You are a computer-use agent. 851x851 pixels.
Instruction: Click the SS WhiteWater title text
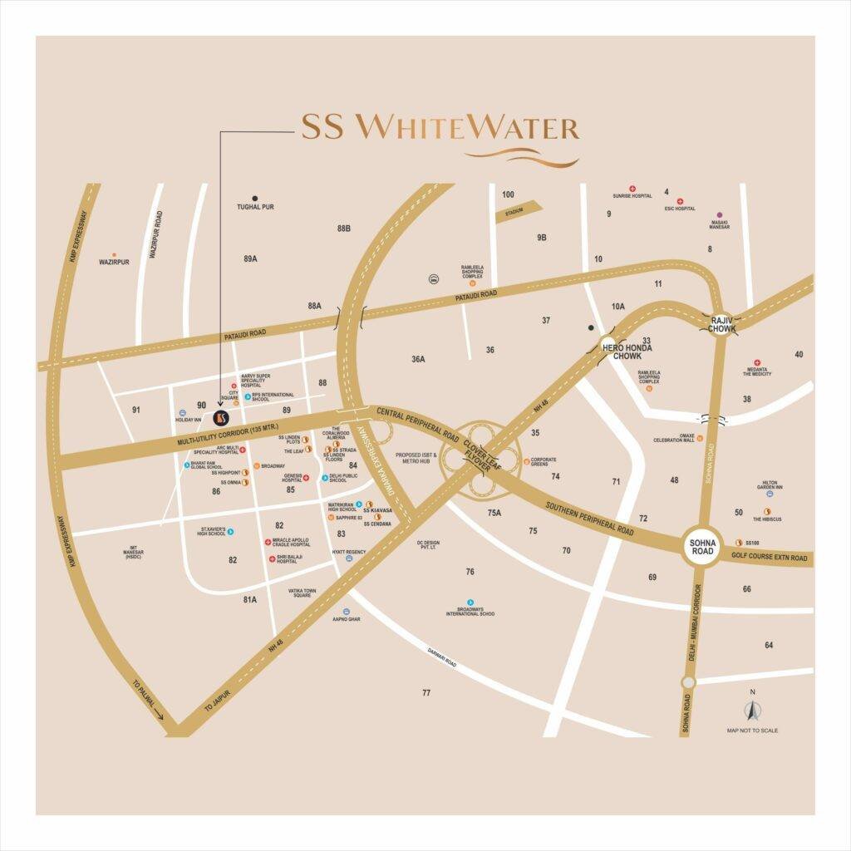pos(440,128)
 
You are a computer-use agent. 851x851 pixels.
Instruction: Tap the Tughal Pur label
pos(255,207)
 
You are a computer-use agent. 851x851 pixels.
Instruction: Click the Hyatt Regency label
pos(348,552)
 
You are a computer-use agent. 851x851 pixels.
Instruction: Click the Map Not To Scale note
pos(752,730)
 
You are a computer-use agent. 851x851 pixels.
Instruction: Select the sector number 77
pos(426,692)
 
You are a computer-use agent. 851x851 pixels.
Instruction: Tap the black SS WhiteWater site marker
pos(221,417)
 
